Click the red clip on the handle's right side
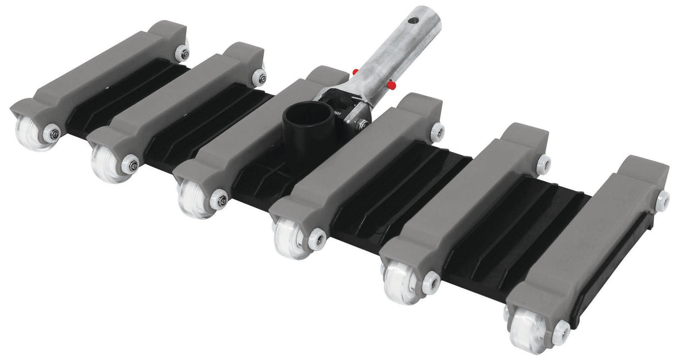pyautogui.click(x=392, y=85)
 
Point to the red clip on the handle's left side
pyautogui.click(x=355, y=72)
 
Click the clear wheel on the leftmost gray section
pyautogui.click(x=32, y=134)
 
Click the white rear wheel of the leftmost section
pyautogui.click(x=182, y=53)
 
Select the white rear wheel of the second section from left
pyautogui.click(x=259, y=77)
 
